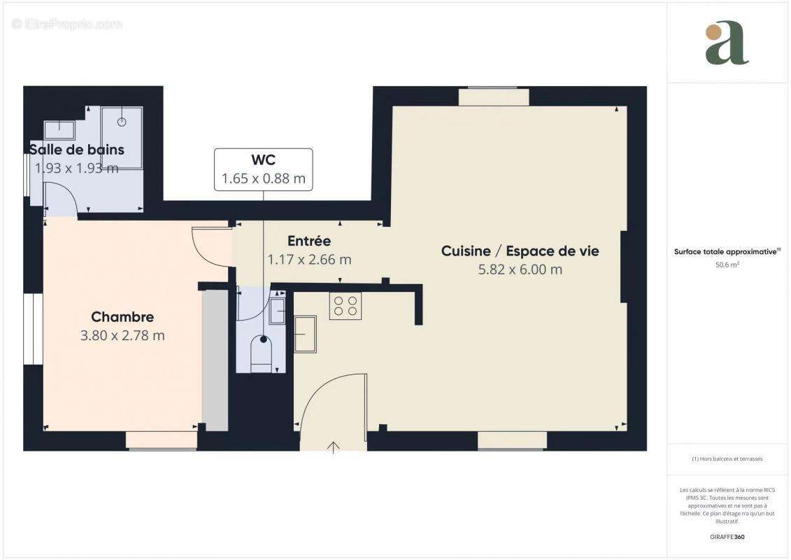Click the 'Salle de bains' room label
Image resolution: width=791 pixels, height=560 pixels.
[x=76, y=149]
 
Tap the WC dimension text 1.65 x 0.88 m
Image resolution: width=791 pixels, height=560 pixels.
[x=263, y=178]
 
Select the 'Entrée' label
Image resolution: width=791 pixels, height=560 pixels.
[x=308, y=241]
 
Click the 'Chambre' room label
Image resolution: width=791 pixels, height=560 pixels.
[x=122, y=317]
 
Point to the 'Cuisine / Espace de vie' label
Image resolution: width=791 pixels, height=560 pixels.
[x=520, y=251]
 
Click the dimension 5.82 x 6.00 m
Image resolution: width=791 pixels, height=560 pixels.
[x=520, y=269]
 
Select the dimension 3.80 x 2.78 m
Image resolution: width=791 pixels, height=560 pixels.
[x=122, y=335]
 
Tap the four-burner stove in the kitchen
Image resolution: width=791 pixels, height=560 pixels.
[x=345, y=306]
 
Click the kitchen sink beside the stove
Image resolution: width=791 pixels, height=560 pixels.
[x=305, y=334]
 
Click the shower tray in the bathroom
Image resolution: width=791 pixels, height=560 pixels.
[x=122, y=137]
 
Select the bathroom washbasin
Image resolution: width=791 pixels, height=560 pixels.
[x=59, y=129]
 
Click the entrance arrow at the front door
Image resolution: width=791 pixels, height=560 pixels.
[x=334, y=447]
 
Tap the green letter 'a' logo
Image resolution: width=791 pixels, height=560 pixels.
[x=727, y=43]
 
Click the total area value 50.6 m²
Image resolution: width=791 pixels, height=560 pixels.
[x=727, y=265]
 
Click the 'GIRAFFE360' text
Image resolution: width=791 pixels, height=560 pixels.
[x=728, y=537]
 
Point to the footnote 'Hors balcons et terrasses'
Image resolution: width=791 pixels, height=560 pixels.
[x=727, y=459]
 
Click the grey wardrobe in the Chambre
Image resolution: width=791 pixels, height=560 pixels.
[x=215, y=360]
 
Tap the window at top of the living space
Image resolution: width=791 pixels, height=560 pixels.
[x=494, y=97]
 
